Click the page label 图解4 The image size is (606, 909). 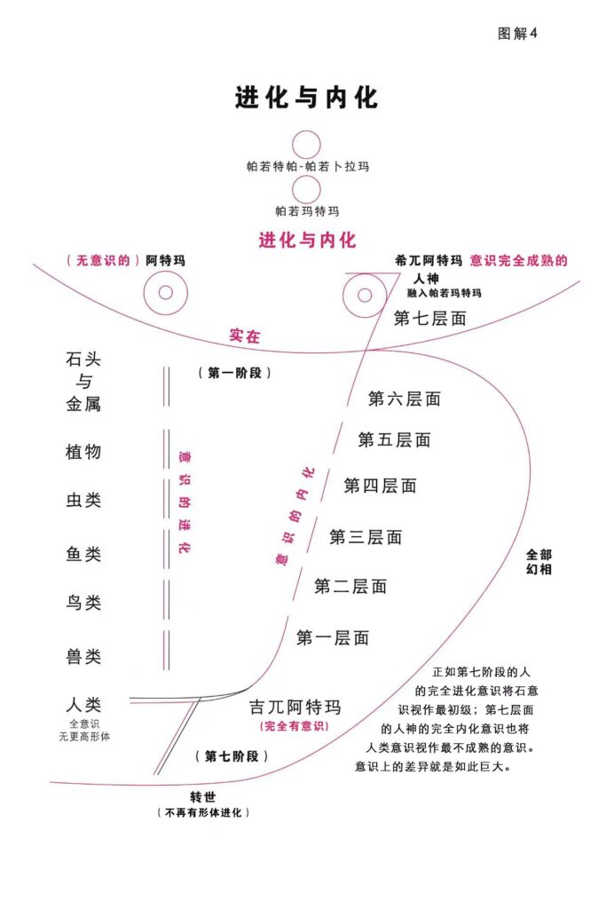518,34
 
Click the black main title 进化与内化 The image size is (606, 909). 306,97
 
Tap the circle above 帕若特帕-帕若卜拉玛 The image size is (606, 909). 306,145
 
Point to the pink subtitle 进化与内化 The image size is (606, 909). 307,240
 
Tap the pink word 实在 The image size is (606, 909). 245,336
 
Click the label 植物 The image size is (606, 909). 83,451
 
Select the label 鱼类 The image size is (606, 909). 83,554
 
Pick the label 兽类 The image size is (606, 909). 83,657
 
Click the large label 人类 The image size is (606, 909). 83,706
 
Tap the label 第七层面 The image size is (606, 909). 429,318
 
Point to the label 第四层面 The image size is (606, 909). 380,486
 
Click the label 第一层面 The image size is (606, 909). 332,637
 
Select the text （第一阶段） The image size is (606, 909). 234,374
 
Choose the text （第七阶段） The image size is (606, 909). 231,756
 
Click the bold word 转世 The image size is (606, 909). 203,795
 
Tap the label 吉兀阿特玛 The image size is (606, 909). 295,707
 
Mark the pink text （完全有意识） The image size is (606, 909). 295,727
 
